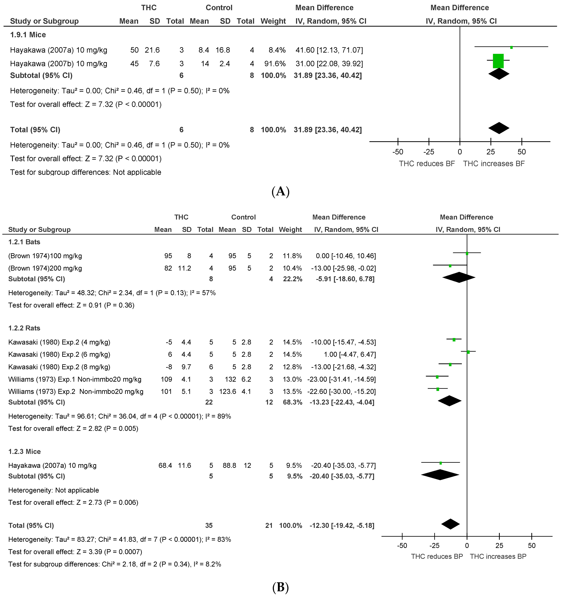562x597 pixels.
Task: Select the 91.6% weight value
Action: tap(273, 64)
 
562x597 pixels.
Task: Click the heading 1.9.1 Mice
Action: tap(28, 35)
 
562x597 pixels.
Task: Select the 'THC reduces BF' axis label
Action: tap(427, 164)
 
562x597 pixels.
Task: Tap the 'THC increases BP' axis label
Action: tap(498, 556)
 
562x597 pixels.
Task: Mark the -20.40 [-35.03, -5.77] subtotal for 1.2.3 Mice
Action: tap(342, 476)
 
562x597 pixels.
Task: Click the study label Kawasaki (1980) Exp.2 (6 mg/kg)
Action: tap(59, 354)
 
